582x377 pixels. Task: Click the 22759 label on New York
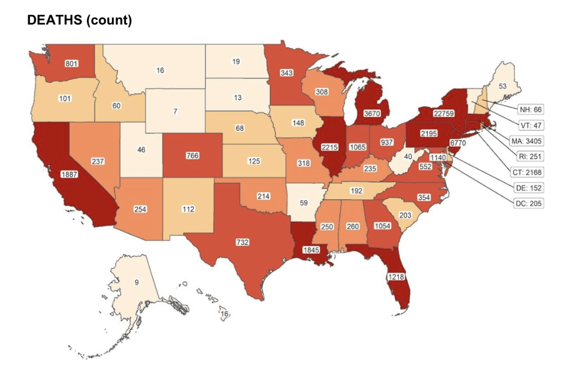click(443, 113)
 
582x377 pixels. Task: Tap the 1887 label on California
click(69, 174)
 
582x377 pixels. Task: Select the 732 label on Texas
click(242, 242)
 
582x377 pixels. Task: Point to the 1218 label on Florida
click(396, 276)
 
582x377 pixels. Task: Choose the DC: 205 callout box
click(528, 204)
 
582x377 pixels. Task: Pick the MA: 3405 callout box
click(526, 141)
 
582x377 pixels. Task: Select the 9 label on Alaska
click(136, 282)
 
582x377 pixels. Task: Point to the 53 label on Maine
click(502, 86)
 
